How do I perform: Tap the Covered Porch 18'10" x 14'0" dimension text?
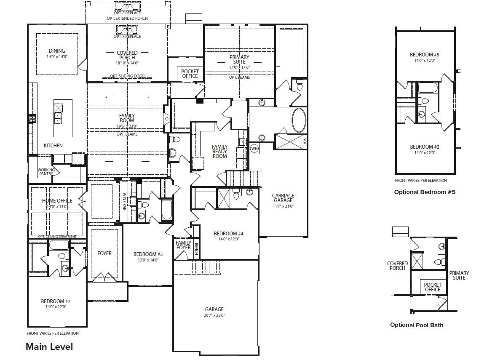pyautogui.click(x=127, y=63)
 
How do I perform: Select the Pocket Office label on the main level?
pyautogui.click(x=190, y=74)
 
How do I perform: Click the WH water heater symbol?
pyautogui.click(x=254, y=148)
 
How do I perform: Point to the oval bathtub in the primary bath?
pyautogui.click(x=299, y=120)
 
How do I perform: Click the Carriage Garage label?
pyautogui.click(x=283, y=198)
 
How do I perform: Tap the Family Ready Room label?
pyautogui.click(x=219, y=151)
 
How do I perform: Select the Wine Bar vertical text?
pyautogui.click(x=125, y=201)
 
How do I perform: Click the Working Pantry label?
pyautogui.click(x=46, y=172)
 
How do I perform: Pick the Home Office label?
pyautogui.click(x=57, y=201)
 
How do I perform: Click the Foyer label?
pyautogui.click(x=104, y=253)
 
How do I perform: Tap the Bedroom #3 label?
pyautogui.click(x=148, y=254)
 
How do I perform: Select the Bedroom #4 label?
pyautogui.click(x=228, y=234)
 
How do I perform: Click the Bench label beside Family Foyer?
pyautogui.click(x=196, y=250)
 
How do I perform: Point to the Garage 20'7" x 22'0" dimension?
pyautogui.click(x=214, y=315)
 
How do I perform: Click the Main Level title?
pyautogui.click(x=49, y=347)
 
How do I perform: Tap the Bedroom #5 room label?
pyautogui.click(x=424, y=55)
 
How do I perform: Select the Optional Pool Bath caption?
pyautogui.click(x=416, y=325)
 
